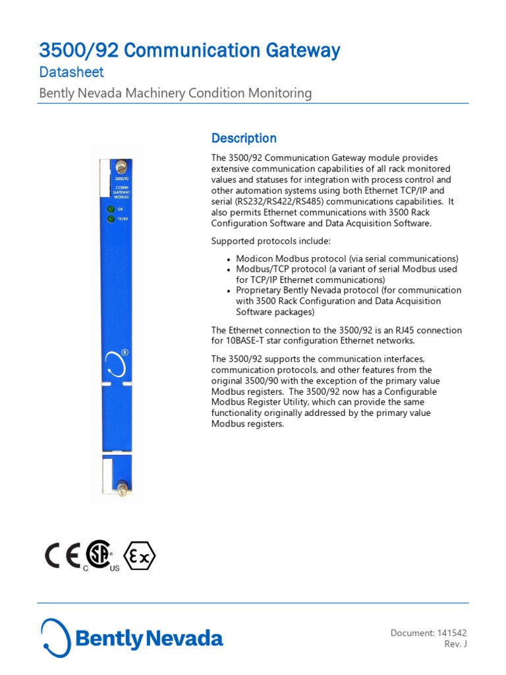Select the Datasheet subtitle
click(x=71, y=73)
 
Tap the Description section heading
click(x=244, y=138)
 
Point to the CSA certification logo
click(x=99, y=558)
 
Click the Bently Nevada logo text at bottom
click(x=148, y=639)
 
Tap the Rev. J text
click(x=456, y=645)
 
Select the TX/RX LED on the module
click(x=111, y=219)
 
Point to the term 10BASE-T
click(x=247, y=341)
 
